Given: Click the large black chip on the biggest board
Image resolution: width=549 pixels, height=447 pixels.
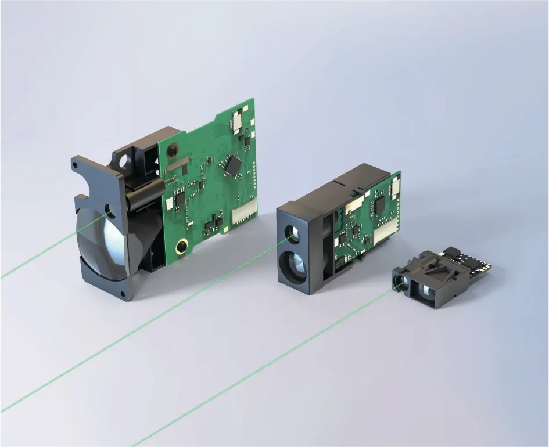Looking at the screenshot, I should [x=233, y=164].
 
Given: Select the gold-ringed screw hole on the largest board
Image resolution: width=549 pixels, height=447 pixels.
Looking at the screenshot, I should [x=182, y=246].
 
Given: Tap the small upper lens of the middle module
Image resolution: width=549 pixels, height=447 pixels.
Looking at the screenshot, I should [x=292, y=234].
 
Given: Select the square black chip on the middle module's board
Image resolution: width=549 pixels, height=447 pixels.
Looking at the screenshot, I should [x=381, y=204].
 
